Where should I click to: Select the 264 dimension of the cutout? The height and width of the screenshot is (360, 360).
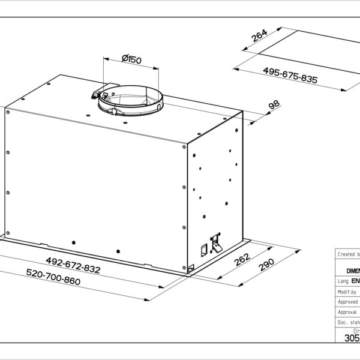259,37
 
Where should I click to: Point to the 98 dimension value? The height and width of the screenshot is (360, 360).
274,106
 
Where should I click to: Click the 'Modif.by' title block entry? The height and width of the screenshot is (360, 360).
347,292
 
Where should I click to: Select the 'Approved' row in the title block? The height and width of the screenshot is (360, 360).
347,302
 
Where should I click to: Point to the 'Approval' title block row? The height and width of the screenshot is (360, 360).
347,312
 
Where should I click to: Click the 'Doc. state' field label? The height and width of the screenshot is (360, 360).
347,323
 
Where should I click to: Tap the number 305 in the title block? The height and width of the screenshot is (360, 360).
351,338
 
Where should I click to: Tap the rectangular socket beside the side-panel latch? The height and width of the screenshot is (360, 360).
203,248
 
